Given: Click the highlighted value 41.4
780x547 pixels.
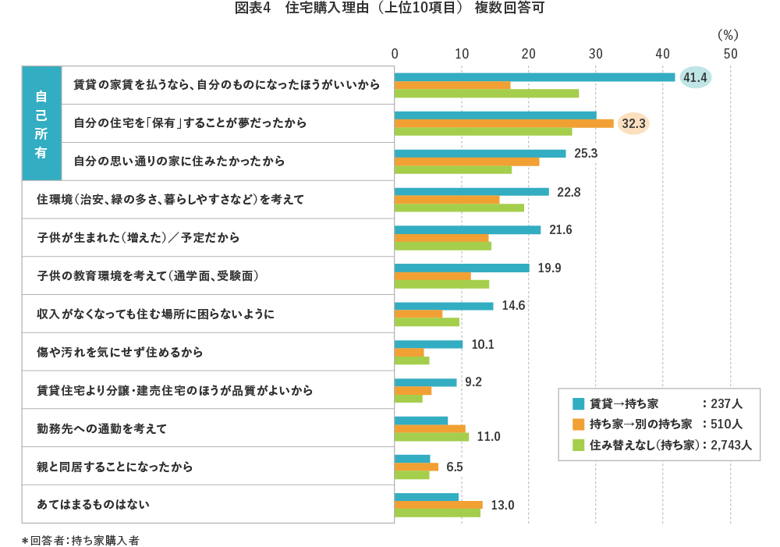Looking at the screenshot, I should click(695, 77).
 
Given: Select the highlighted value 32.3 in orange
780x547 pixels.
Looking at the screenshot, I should click(633, 123).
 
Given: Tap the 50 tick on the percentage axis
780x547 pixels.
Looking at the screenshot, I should click(730, 54).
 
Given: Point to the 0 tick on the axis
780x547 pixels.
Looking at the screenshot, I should click(395, 54).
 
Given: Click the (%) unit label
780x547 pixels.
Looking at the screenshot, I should click(727, 34).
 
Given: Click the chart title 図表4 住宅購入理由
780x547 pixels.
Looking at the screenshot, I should click(389, 9).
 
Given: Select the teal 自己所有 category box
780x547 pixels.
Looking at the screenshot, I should click(41, 123).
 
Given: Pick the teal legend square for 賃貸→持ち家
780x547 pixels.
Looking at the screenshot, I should click(579, 403).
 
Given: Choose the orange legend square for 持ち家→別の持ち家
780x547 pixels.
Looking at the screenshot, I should click(579, 424).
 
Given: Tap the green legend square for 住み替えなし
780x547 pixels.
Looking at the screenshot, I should click(579, 445).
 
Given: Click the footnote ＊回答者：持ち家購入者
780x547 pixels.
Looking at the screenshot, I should click(80, 539).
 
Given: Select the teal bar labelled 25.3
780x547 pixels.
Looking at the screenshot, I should click(480, 154).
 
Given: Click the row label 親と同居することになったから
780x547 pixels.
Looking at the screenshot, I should click(115, 467).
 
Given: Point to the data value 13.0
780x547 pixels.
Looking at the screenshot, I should click(502, 505).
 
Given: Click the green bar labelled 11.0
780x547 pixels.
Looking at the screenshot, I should click(431, 437).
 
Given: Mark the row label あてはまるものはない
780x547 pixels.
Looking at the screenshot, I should click(93, 505).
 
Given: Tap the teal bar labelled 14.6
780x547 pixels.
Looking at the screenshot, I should click(444, 306).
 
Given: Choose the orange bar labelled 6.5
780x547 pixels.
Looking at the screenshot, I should click(417, 467).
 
